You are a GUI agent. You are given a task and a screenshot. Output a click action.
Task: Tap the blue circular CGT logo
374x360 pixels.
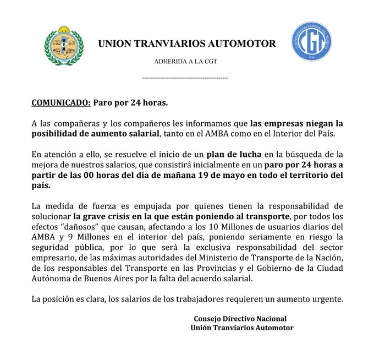(x=311, y=42)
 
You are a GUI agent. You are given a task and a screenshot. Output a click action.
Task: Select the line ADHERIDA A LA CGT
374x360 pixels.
(x=185, y=61)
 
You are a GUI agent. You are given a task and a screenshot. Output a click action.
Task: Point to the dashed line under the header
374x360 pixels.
(x=185, y=78)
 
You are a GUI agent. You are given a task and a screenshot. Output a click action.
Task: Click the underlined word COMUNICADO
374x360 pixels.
(x=59, y=102)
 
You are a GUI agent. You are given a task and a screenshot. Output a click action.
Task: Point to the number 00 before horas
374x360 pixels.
(x=83, y=175)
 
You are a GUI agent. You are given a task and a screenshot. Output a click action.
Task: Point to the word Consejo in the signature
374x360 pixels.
(x=208, y=319)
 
